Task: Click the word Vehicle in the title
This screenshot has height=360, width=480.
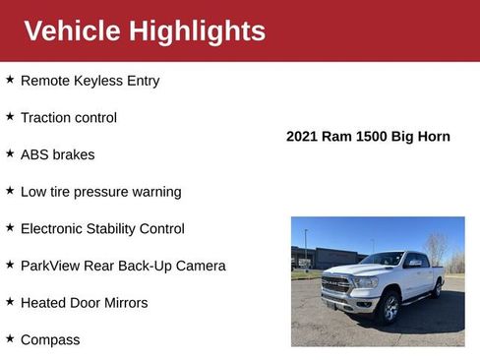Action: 71,30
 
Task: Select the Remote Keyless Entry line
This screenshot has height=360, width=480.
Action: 90,81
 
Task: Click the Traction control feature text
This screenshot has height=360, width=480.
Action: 69,118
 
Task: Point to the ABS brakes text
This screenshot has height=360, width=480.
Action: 58,154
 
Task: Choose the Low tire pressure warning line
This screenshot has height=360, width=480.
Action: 101,192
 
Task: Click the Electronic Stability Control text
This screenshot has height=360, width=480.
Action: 102,228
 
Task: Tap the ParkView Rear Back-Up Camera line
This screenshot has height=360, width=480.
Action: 123,266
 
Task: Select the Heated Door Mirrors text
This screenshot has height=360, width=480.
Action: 85,303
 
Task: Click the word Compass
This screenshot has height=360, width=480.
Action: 50,340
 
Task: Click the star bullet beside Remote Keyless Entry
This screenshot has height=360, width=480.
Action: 10,80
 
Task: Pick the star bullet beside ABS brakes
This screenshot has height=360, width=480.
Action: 10,153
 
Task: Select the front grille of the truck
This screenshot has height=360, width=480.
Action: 336,285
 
